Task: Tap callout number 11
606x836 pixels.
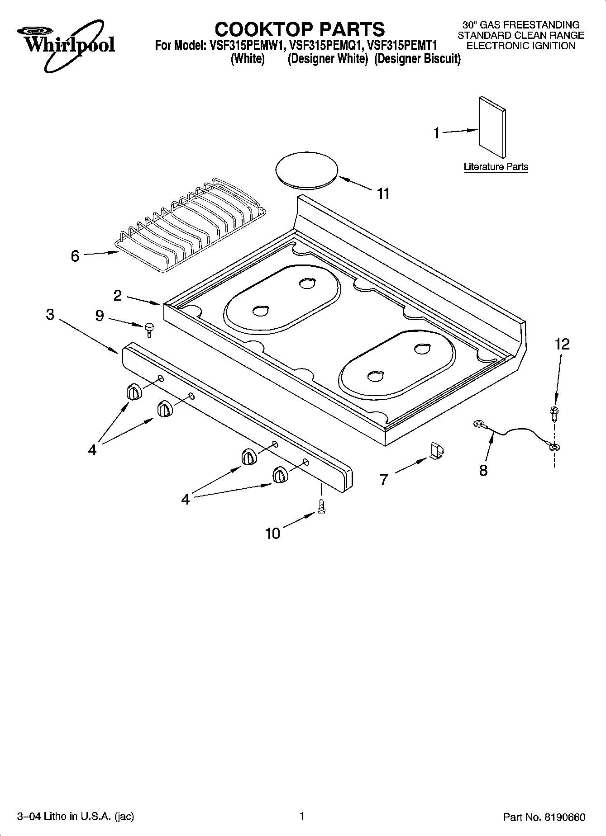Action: [383, 194]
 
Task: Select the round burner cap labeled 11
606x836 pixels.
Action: [307, 171]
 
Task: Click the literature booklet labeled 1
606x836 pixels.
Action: [492, 127]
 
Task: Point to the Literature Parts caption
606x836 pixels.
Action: [496, 167]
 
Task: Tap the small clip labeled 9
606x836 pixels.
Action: [149, 329]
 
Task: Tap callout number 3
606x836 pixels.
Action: [50, 315]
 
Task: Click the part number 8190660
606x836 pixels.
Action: [566, 817]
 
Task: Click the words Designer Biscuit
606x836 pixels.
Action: [417, 59]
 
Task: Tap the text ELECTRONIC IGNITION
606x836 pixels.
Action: [520, 46]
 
